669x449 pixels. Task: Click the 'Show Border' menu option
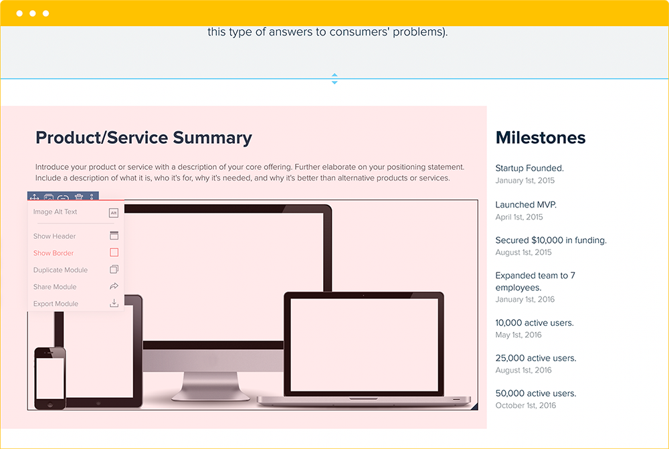[54, 253]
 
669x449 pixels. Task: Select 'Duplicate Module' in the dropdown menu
[61, 270]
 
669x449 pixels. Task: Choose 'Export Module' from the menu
[56, 303]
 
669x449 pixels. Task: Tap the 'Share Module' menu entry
[56, 286]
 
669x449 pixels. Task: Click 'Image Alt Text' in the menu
[56, 211]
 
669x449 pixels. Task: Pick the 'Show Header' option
[55, 236]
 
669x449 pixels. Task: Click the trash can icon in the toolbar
[79, 197]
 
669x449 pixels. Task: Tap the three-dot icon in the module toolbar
[92, 197]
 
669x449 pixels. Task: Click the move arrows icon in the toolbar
[33, 197]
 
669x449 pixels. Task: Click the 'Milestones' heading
[541, 138]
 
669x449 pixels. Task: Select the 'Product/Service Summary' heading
[144, 138]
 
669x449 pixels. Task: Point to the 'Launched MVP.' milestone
[526, 205]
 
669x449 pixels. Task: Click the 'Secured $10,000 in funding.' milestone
[551, 240]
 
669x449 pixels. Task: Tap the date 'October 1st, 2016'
[526, 406]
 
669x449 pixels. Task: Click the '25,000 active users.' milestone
[536, 358]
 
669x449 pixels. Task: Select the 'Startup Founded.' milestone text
[530, 169]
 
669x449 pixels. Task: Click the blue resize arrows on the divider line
[334, 79]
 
